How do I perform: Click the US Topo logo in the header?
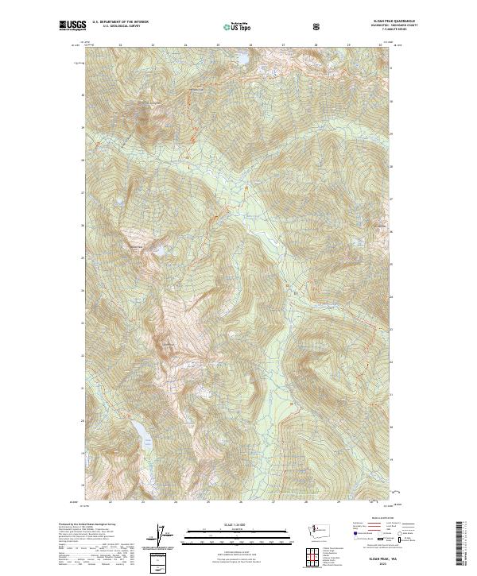(x=238, y=26)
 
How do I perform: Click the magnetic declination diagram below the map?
(x=167, y=537)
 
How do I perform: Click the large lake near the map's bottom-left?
(x=141, y=432)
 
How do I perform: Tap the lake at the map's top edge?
(x=237, y=60)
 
